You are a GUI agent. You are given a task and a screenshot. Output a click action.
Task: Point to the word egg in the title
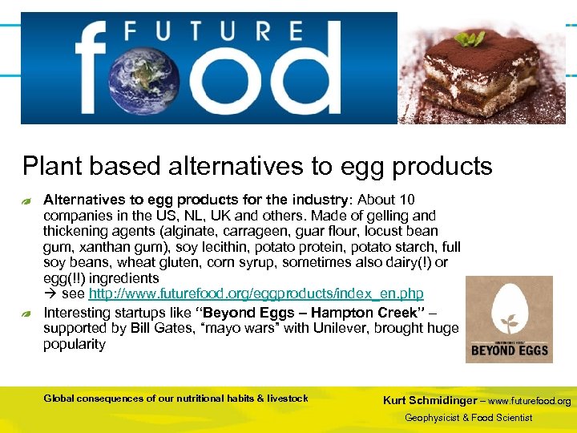pyautogui.click(x=359, y=166)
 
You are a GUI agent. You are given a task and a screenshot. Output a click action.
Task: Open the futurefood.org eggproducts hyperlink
pyautogui.click(x=256, y=294)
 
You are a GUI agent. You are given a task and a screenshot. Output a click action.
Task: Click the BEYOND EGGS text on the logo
pyautogui.click(x=509, y=350)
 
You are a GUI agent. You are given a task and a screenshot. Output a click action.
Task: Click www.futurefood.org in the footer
pyautogui.click(x=530, y=401)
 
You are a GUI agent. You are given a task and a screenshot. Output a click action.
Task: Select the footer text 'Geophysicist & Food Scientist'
pyautogui.click(x=468, y=418)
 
